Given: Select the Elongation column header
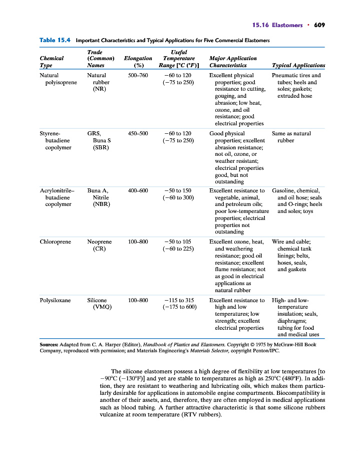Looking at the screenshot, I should (x=138, y=62).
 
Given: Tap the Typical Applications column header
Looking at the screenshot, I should (x=298, y=65).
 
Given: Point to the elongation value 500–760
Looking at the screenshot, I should (x=138, y=75).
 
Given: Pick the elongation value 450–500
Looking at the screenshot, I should (x=138, y=133).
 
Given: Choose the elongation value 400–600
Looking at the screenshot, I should (x=138, y=190).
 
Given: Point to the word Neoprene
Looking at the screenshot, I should (x=100, y=242).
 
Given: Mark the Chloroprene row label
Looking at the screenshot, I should (x=55, y=242).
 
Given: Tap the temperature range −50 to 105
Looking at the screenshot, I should (x=178, y=242).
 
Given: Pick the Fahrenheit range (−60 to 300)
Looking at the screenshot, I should (x=178, y=197).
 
